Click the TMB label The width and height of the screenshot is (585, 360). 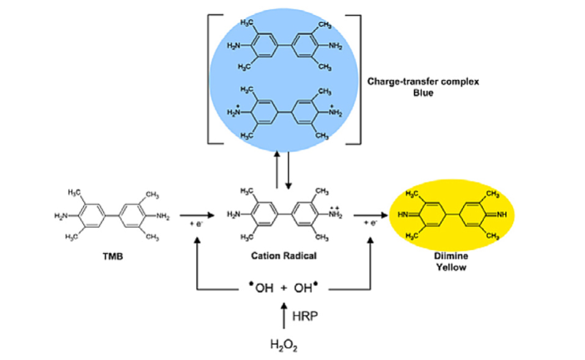tap(111, 258)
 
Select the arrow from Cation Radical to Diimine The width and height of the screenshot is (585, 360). tap(369, 215)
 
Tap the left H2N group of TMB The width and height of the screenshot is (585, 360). tap(61, 215)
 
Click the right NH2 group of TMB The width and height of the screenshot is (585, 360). tap(163, 215)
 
